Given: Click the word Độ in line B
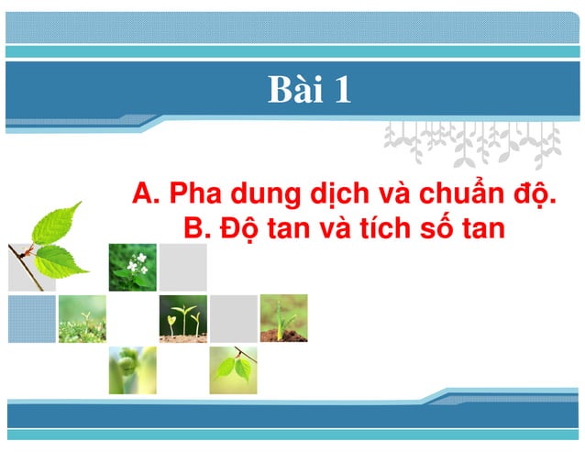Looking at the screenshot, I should pos(237,228).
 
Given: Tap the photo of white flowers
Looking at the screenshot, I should pos(133,267).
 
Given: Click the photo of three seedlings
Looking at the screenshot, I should pos(182,318).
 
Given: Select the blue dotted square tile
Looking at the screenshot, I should pos(31,319).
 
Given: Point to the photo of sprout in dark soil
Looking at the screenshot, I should pos(283,318).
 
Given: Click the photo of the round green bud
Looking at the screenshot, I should pos(132,369).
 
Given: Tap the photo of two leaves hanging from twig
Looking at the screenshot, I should pos(234,369).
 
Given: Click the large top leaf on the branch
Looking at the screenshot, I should pos(58,222).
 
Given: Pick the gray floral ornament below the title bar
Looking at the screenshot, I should pos(472,142).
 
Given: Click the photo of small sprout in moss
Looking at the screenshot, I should pos(82,318).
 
